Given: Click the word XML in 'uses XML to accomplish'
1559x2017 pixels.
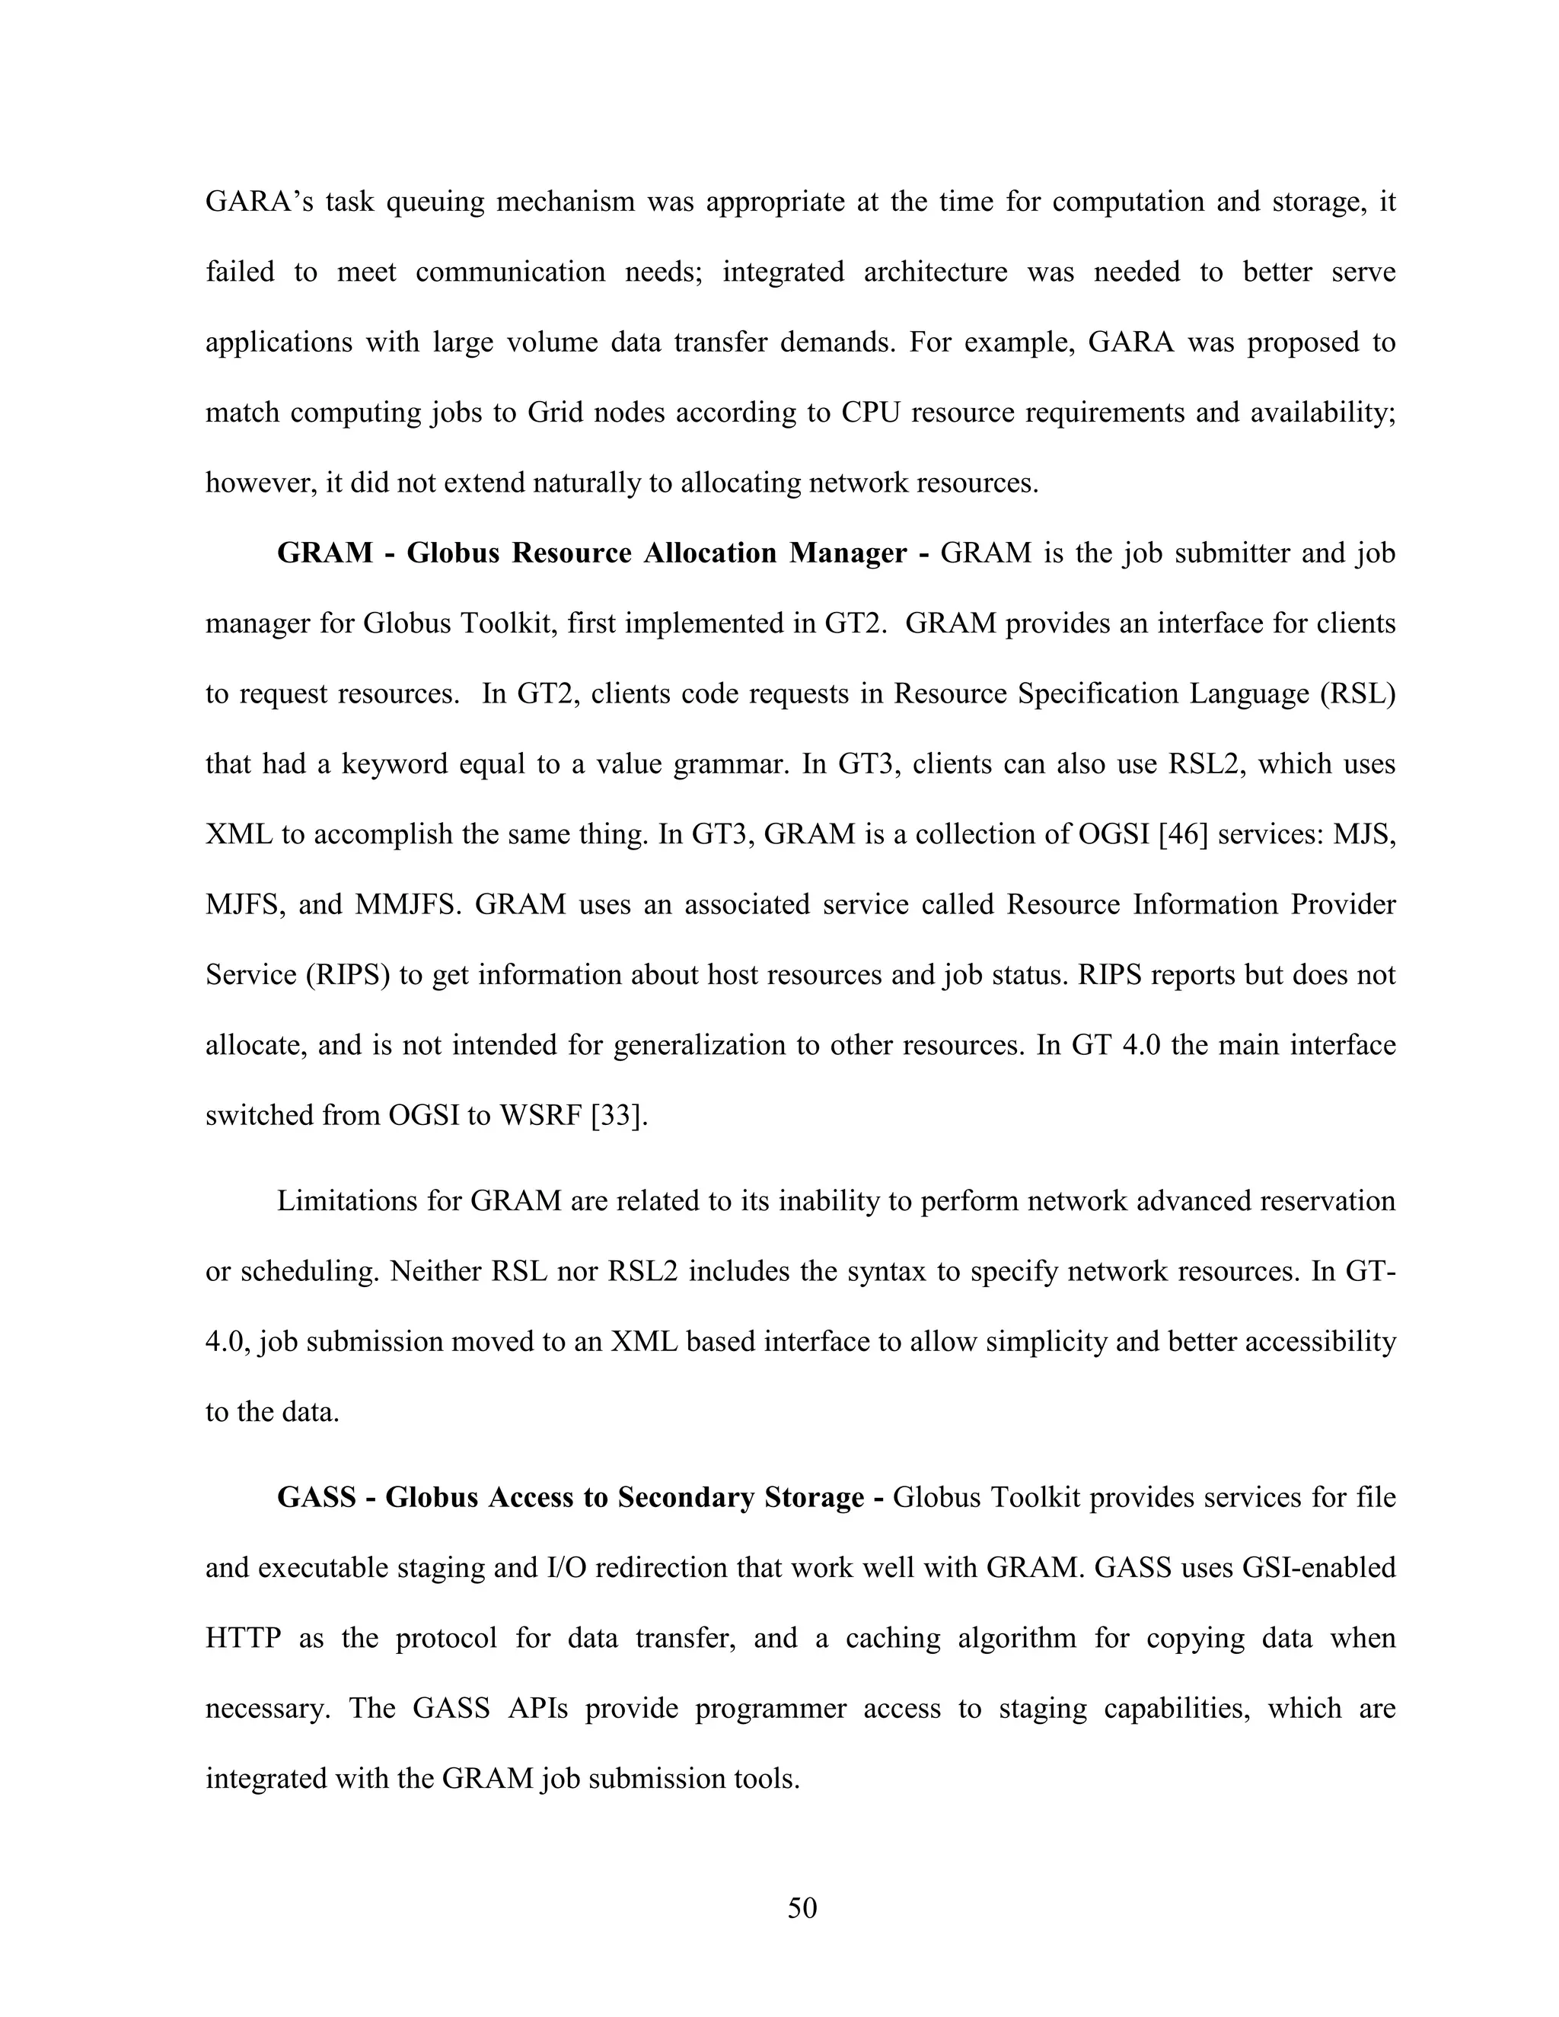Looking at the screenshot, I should point(238,834).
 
